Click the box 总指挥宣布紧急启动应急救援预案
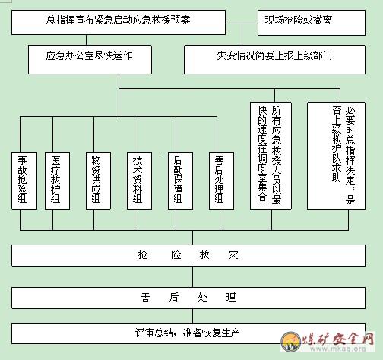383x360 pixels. click(x=119, y=22)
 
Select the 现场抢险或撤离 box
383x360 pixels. click(x=312, y=23)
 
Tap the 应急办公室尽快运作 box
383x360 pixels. click(x=90, y=59)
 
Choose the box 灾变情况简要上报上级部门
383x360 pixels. click(x=274, y=59)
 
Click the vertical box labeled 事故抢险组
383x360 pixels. click(x=24, y=181)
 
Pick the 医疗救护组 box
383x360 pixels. click(x=57, y=181)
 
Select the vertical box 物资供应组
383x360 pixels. click(x=98, y=181)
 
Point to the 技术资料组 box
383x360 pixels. click(x=139, y=181)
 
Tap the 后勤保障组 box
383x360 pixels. click(x=180, y=181)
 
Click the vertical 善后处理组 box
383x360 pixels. click(x=221, y=181)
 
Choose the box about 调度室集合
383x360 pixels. click(x=271, y=156)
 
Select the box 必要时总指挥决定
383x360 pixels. click(x=336, y=156)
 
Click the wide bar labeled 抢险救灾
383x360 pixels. click(x=188, y=255)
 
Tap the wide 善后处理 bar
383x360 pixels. click(x=188, y=298)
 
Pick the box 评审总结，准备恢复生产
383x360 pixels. click(x=188, y=333)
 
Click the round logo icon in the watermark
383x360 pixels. click(x=291, y=341)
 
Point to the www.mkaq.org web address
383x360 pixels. click(x=338, y=349)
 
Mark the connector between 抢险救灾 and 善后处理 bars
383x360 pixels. click(x=192, y=276)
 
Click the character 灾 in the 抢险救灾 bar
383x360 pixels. click(x=233, y=255)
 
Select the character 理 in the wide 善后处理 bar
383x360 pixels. click(x=231, y=298)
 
